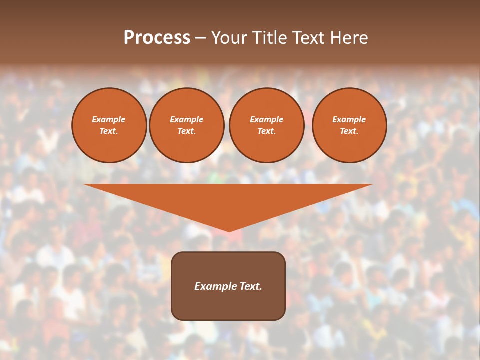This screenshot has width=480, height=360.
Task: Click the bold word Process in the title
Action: [157, 38]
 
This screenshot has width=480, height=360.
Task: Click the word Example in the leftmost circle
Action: [109, 119]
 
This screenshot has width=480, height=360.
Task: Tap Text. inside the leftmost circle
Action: [109, 131]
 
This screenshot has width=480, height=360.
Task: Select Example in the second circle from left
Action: [186, 119]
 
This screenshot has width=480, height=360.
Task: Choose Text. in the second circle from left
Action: [186, 131]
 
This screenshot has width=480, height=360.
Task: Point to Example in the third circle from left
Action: [266, 119]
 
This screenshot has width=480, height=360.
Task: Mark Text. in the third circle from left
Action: [266, 131]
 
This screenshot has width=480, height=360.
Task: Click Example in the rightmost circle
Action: [349, 119]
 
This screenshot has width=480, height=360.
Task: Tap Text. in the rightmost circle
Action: [349, 131]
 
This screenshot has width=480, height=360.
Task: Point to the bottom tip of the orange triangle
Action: [228, 230]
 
